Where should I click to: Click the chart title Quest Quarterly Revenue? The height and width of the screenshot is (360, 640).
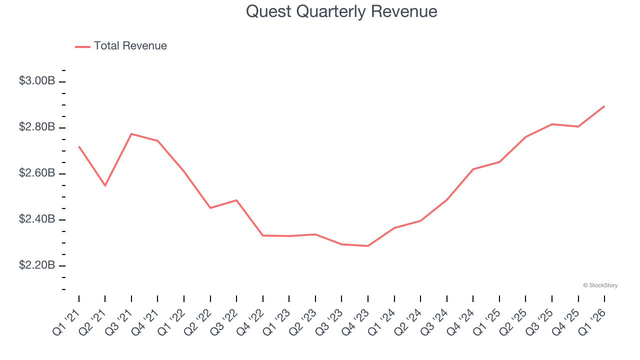[x=341, y=11]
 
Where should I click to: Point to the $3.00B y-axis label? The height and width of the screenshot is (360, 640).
[x=36, y=81]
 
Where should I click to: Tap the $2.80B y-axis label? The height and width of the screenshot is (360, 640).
[x=36, y=127]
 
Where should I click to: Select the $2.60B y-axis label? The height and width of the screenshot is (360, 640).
[x=36, y=173]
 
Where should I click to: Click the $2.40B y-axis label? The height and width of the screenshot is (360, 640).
[x=36, y=219]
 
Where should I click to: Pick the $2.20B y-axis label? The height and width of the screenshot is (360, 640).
[x=36, y=265]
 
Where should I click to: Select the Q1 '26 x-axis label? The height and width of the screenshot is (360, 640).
[x=593, y=320]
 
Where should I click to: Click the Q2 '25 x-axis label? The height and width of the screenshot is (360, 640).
[x=514, y=320]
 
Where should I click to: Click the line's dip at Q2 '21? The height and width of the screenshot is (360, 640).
[x=105, y=185]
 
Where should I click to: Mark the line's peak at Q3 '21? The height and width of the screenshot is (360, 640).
[x=131, y=133]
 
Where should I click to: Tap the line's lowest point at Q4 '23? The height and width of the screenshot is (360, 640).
[x=368, y=246]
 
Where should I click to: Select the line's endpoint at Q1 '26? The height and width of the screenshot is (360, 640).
[x=604, y=106]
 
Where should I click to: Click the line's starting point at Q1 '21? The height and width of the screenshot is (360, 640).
[x=79, y=146]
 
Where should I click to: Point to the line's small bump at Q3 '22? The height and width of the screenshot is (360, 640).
[x=236, y=200]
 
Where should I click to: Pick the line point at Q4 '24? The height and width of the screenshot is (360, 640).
[x=473, y=169]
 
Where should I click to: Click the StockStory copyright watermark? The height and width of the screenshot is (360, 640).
[x=600, y=285]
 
